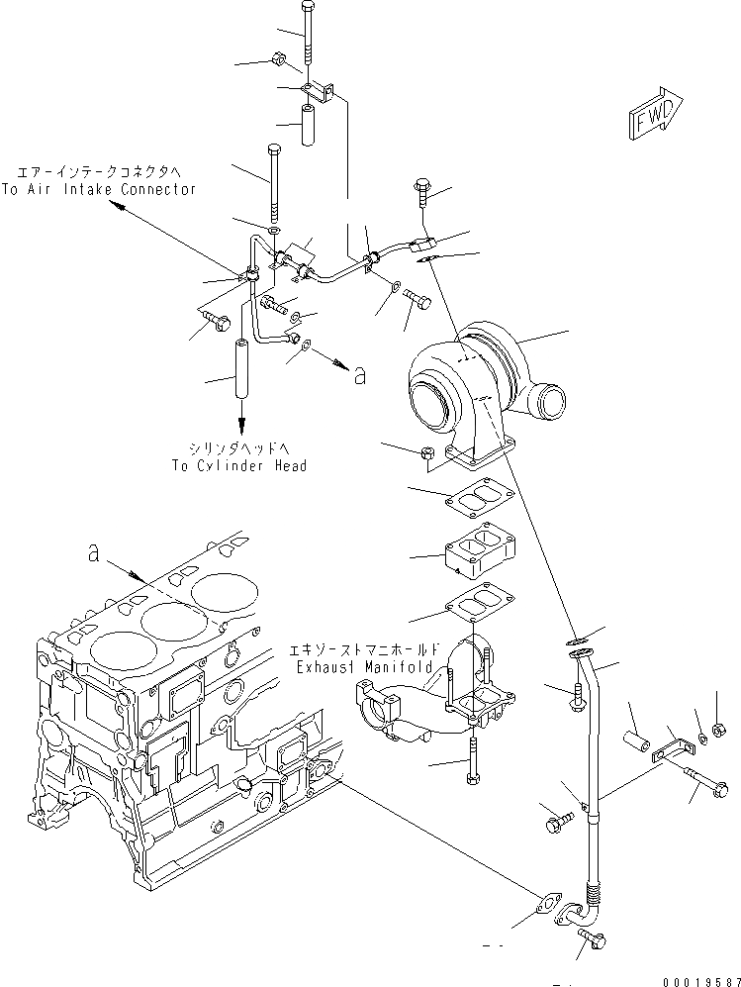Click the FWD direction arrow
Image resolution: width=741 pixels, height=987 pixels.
(654, 115)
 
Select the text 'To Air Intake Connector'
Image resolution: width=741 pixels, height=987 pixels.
(98, 189)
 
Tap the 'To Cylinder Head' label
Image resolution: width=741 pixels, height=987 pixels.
(238, 465)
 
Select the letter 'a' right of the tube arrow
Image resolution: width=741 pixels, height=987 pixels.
(359, 374)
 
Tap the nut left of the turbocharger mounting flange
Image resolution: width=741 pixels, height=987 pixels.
(427, 454)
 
